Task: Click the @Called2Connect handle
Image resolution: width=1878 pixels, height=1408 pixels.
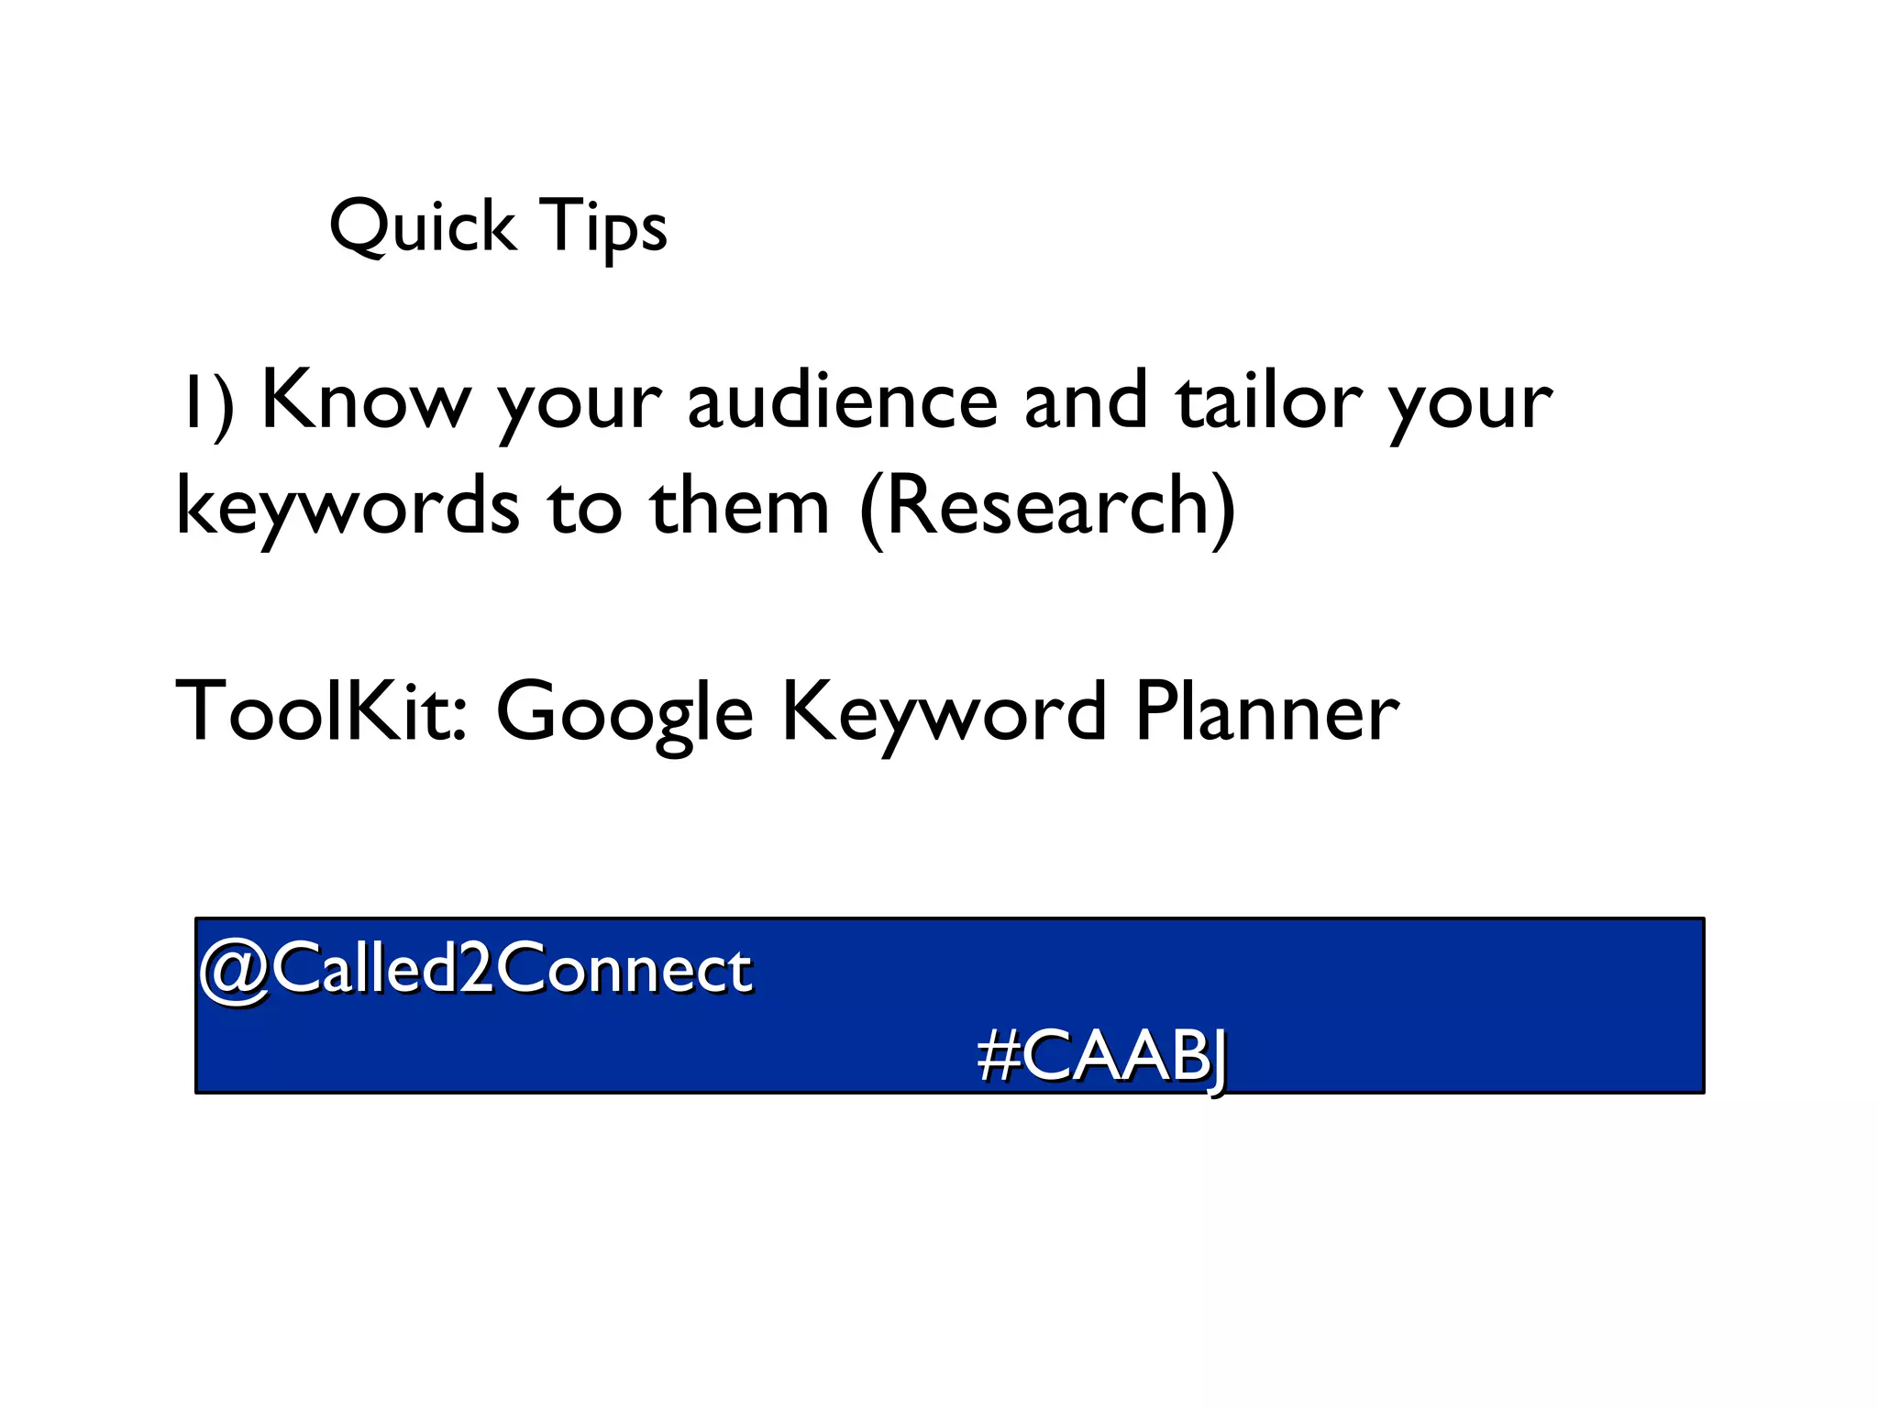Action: click(476, 969)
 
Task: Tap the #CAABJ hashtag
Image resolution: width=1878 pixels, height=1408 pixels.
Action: click(1102, 1057)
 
